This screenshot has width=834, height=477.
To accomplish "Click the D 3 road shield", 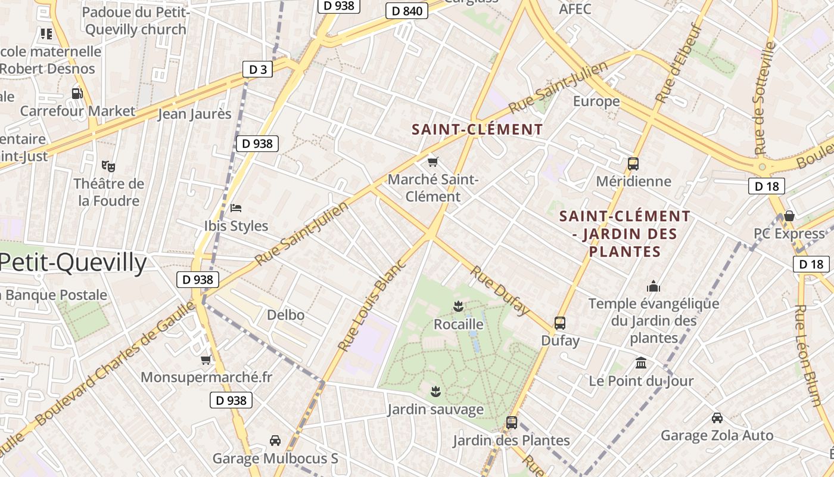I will pyautogui.click(x=257, y=70).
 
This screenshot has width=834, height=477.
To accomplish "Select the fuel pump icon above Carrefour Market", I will pyautogui.click(x=77, y=93).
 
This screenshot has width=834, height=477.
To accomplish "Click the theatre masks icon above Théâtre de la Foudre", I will pyautogui.click(x=108, y=166).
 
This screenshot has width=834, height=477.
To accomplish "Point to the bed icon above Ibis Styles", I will pyautogui.click(x=236, y=208).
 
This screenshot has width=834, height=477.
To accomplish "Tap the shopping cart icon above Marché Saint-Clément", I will pyautogui.click(x=433, y=162).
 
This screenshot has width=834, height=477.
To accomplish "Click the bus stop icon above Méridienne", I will pyautogui.click(x=633, y=163).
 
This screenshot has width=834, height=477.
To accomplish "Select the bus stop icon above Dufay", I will pyautogui.click(x=560, y=323).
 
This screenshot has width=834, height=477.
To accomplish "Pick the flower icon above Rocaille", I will pyautogui.click(x=458, y=307).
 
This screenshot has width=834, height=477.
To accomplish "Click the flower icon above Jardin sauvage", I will pyautogui.click(x=435, y=392).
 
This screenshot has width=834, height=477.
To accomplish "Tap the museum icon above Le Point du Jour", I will pyautogui.click(x=641, y=363).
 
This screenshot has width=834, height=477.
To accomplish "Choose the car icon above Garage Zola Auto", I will pyautogui.click(x=717, y=418).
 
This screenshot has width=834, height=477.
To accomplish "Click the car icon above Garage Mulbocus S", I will pyautogui.click(x=275, y=441).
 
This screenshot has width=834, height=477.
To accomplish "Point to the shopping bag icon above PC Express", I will pyautogui.click(x=789, y=215).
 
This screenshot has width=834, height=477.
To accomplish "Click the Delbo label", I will pyautogui.click(x=286, y=315).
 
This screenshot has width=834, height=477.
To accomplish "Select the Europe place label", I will pyautogui.click(x=596, y=101).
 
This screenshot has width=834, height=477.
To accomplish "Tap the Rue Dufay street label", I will pyautogui.click(x=500, y=290).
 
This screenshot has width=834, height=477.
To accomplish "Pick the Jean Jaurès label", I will pyautogui.click(x=194, y=114).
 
